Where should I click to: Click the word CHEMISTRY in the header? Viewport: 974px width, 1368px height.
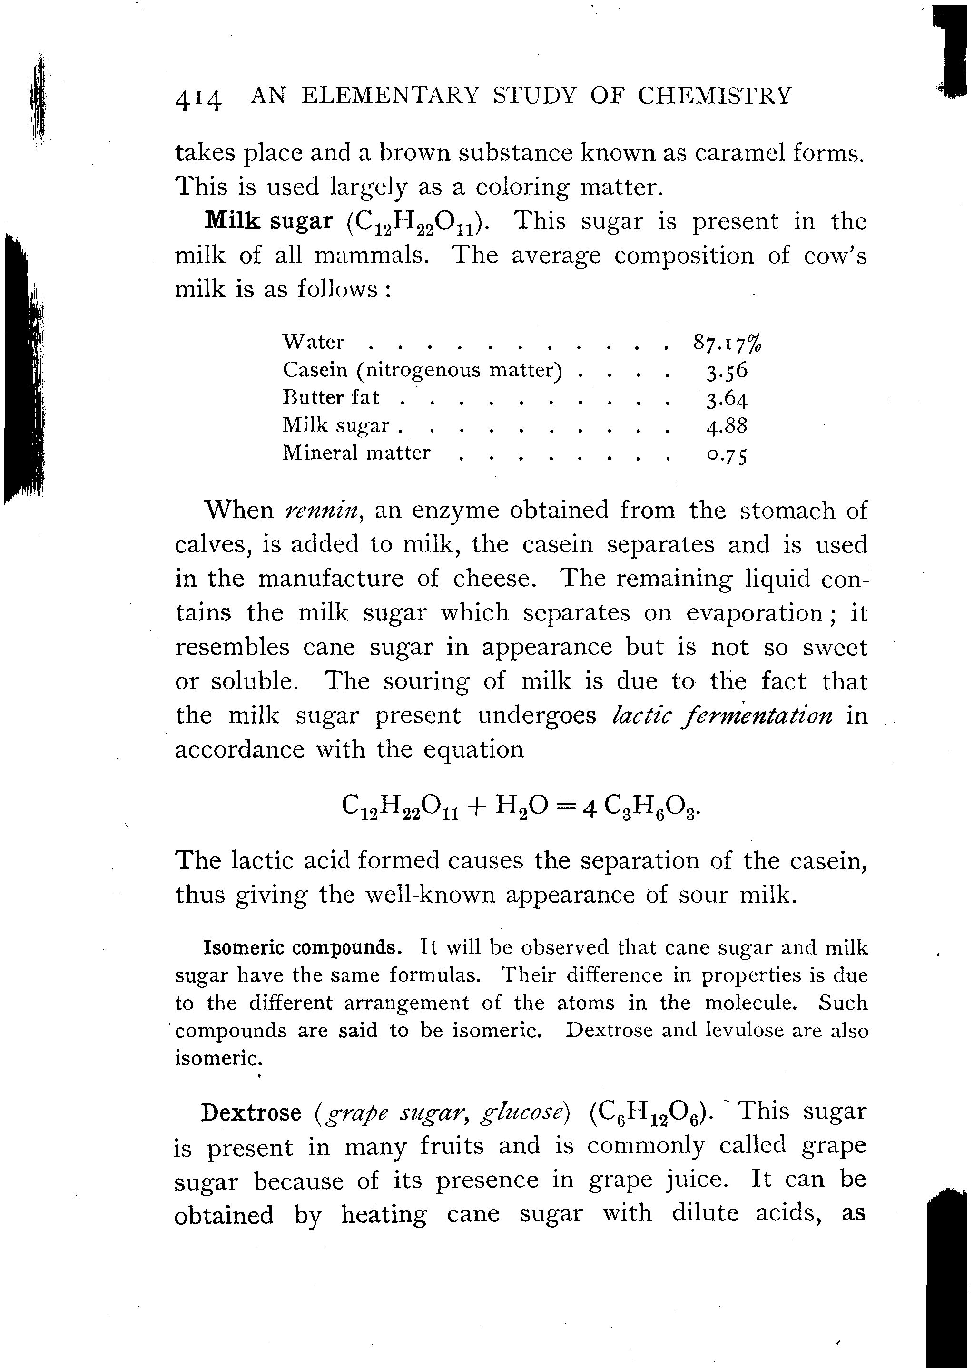click(x=714, y=96)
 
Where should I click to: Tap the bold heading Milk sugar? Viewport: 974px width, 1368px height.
click(x=269, y=221)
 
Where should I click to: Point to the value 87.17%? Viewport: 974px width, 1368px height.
click(x=727, y=343)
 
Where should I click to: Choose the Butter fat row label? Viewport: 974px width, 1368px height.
click(x=331, y=398)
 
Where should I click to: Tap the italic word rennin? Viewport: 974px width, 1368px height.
click(x=323, y=511)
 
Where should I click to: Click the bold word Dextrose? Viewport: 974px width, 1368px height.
click(x=251, y=1113)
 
